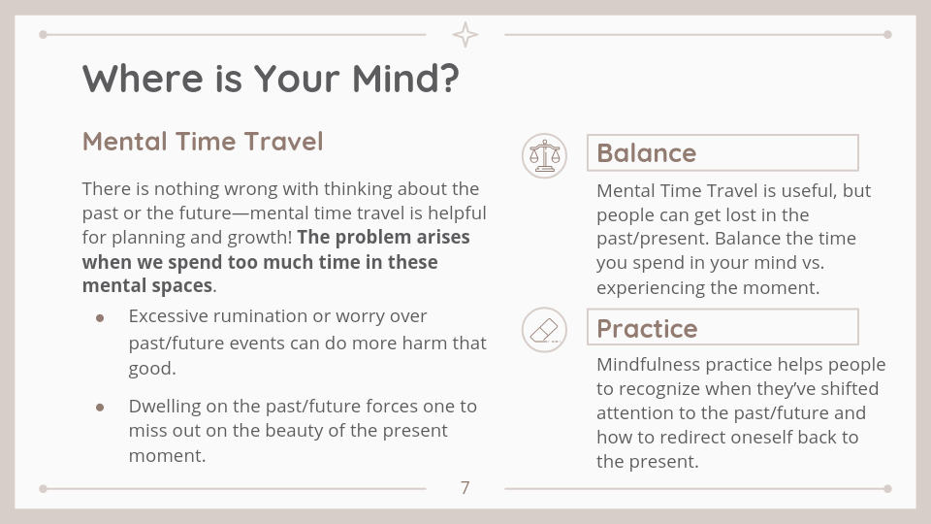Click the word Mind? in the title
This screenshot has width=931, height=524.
point(405,78)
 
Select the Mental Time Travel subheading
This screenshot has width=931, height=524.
point(203,142)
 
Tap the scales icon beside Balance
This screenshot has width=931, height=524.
point(544,155)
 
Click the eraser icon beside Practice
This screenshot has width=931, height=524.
point(544,330)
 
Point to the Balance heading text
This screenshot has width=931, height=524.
point(646,153)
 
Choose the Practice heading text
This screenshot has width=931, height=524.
point(647,329)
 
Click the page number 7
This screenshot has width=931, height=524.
point(465,488)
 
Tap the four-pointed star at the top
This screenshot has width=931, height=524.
point(465,35)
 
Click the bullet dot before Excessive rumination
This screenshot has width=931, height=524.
point(100,318)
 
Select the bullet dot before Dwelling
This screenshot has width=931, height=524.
point(100,408)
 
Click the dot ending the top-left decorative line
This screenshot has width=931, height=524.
point(43,35)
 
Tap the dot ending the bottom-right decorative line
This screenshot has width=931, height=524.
point(887,489)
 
